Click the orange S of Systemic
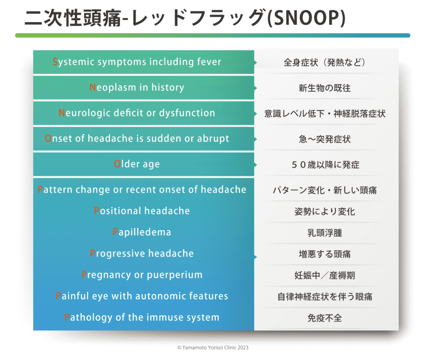click(x=55, y=62)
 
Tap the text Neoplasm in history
click(x=137, y=87)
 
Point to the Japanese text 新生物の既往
click(x=324, y=88)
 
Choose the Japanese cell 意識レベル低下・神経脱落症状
click(x=324, y=113)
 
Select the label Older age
click(x=136, y=164)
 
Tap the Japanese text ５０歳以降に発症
click(x=325, y=165)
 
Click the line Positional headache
click(x=142, y=211)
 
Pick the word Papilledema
click(x=142, y=232)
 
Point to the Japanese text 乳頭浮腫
click(x=324, y=233)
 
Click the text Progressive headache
click(x=142, y=253)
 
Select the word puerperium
click(x=175, y=275)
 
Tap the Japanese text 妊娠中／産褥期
click(x=324, y=275)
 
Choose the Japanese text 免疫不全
click(x=324, y=318)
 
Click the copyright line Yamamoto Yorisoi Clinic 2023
click(x=213, y=348)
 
